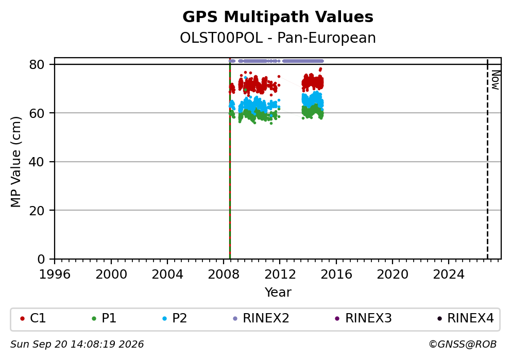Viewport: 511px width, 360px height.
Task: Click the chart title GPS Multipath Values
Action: click(x=278, y=17)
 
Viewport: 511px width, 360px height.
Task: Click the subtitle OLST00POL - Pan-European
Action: click(x=278, y=38)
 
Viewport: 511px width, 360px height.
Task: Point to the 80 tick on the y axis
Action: click(x=37, y=64)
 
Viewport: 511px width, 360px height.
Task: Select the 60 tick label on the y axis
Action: click(x=37, y=113)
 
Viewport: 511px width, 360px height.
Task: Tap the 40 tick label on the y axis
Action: click(x=37, y=162)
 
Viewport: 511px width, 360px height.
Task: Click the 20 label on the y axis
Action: click(x=37, y=211)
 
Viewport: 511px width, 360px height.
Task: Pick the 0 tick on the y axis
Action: click(x=41, y=260)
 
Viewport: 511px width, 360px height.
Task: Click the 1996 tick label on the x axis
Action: click(x=55, y=275)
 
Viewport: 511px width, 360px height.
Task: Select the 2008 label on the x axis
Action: click(x=224, y=275)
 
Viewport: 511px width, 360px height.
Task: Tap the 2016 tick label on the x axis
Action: click(x=336, y=275)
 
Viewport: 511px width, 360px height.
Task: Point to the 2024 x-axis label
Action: click(x=449, y=275)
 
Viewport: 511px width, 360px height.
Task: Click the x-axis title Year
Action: click(x=278, y=292)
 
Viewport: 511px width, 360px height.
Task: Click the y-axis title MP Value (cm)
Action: click(x=15, y=162)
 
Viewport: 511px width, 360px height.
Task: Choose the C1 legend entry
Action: click(x=33, y=318)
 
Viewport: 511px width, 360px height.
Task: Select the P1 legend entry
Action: click(x=104, y=318)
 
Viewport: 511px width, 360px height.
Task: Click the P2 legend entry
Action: click(x=175, y=318)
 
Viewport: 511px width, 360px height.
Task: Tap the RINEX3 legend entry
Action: click(x=363, y=318)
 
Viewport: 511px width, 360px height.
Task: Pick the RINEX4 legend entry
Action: click(x=466, y=318)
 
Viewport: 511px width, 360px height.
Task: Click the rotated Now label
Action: click(x=496, y=80)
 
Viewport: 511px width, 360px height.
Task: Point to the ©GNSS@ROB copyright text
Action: click(x=463, y=345)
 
